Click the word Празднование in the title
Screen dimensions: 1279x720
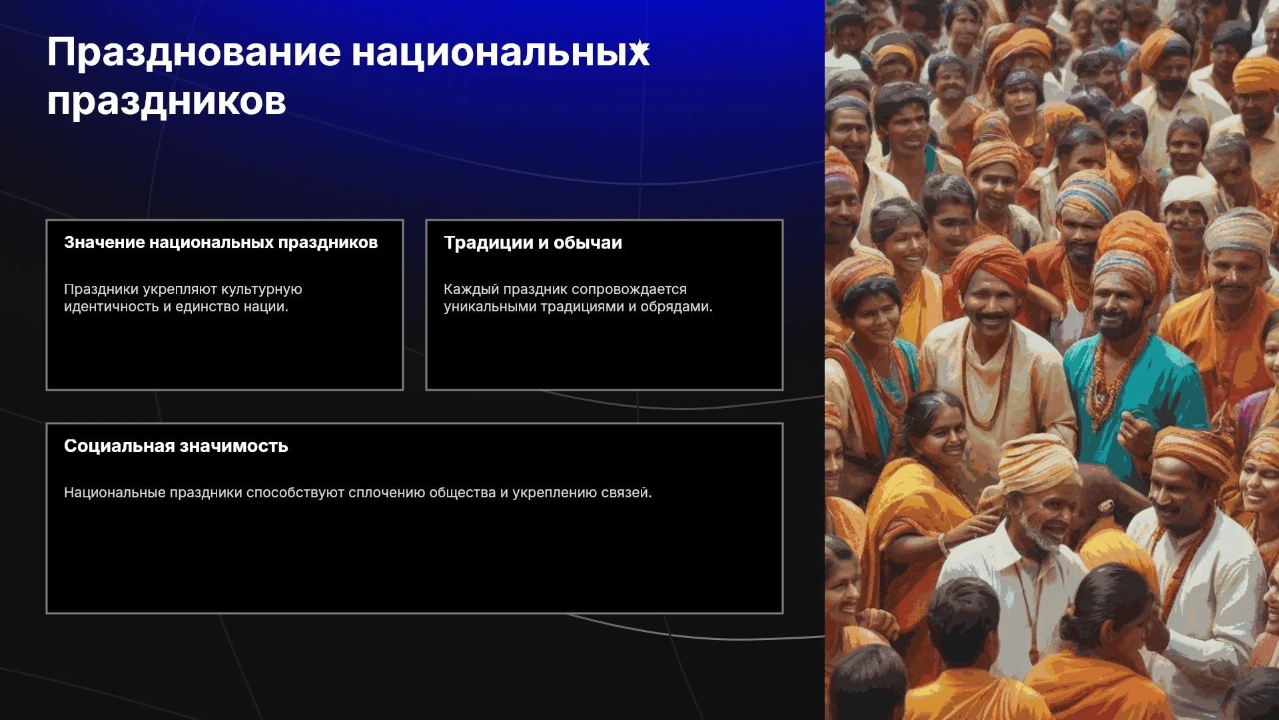(x=194, y=53)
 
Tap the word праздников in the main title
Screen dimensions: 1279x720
(x=167, y=102)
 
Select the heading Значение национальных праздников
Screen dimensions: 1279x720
(x=220, y=243)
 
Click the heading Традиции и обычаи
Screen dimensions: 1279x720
(x=533, y=243)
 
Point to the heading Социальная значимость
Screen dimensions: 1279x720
(x=176, y=446)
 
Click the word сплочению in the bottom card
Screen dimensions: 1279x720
(x=386, y=493)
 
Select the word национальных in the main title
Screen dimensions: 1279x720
(x=500, y=53)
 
